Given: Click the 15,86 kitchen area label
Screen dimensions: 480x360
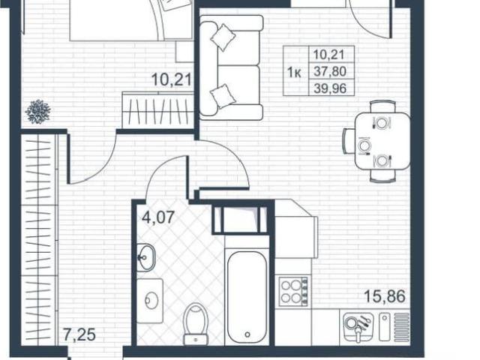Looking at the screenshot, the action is tap(385, 296).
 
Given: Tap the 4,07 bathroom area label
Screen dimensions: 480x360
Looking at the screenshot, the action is tap(158, 217).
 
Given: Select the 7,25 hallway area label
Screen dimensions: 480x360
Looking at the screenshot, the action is tap(79, 334).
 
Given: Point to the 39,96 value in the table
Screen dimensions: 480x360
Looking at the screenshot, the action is tap(330, 88).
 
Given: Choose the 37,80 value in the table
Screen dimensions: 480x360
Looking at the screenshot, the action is tap(330, 72).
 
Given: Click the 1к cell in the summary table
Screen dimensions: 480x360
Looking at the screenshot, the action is tap(294, 73).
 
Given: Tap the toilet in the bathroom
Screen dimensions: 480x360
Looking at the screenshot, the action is tap(196, 324).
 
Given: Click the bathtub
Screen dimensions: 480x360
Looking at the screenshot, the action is tap(247, 297).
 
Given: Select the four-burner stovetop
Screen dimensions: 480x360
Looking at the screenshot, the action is tap(294, 292).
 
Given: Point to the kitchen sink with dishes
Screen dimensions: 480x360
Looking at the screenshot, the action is tap(358, 327).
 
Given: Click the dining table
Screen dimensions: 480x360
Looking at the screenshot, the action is tap(382, 141).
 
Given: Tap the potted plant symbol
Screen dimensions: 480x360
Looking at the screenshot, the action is tap(38, 112).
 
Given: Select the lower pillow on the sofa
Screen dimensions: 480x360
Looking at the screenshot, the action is tap(223, 96).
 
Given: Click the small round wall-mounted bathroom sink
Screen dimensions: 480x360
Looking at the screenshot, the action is tap(145, 257).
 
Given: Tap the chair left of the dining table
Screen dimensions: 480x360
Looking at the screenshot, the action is tap(349, 141).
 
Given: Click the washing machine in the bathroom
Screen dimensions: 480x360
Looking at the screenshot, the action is tap(150, 301).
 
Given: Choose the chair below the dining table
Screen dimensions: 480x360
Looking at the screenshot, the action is tap(382, 176).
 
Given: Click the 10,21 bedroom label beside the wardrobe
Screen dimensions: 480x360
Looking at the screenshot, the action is tap(172, 79).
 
